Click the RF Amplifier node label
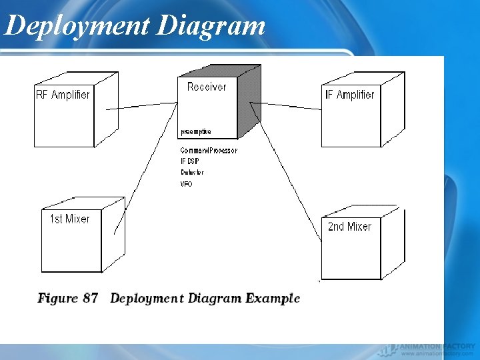[63, 95]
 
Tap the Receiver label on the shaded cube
[207, 87]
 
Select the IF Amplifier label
[349, 95]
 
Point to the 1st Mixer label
[69, 219]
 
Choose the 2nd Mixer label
[349, 227]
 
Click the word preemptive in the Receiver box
[195, 131]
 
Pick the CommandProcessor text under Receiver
[209, 151]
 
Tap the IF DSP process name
[190, 161]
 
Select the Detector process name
[192, 173]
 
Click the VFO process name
[186, 184]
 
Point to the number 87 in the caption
[91, 298]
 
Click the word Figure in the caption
[58, 298]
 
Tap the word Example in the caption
[273, 298]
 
